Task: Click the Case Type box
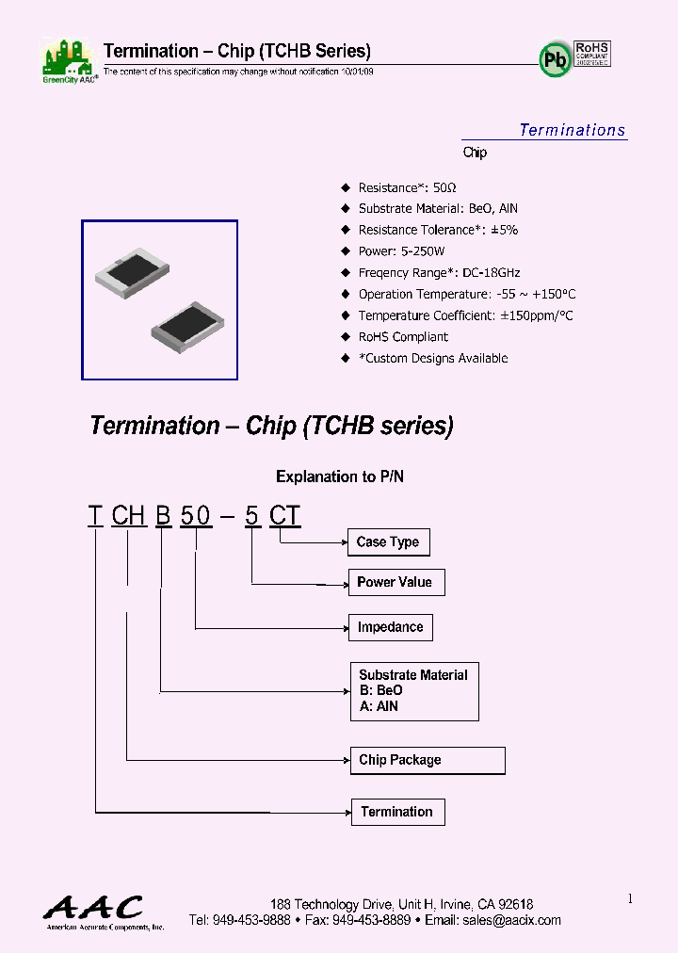(x=388, y=542)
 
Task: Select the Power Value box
(x=395, y=582)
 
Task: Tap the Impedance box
(x=390, y=627)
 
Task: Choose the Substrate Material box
(x=413, y=691)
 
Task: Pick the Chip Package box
(x=427, y=760)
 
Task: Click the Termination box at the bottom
(x=396, y=812)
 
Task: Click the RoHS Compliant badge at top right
(x=592, y=53)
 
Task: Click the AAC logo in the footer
(x=93, y=910)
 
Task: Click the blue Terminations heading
(x=572, y=130)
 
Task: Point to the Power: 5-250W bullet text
(x=401, y=251)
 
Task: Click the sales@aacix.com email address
(x=512, y=920)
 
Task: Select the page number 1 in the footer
(x=630, y=899)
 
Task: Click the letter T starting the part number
(x=94, y=516)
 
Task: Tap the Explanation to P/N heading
(x=339, y=476)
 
